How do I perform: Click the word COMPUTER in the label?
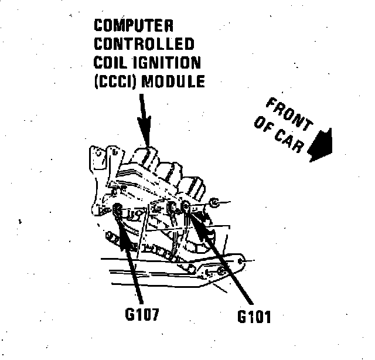point(134,26)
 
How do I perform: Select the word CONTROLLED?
point(144,44)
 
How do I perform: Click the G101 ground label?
point(254,317)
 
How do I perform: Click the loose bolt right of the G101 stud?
point(214,203)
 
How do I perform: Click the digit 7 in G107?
point(156,314)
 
